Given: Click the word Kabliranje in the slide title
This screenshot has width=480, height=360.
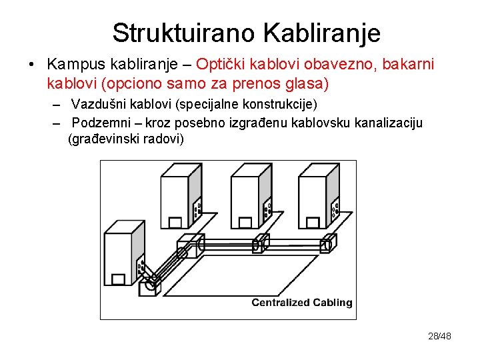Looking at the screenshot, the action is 322,33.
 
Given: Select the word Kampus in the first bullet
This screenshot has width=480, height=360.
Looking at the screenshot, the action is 73,65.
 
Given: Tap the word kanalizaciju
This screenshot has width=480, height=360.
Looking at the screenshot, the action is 387,123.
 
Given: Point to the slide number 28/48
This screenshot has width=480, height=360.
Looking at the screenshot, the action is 439,336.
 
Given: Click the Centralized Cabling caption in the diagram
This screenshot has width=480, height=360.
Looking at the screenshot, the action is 301,303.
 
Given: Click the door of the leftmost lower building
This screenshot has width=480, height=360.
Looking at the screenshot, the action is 119,278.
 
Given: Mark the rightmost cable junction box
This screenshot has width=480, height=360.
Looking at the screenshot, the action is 327,245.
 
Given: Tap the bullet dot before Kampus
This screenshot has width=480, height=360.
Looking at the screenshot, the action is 31,65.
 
